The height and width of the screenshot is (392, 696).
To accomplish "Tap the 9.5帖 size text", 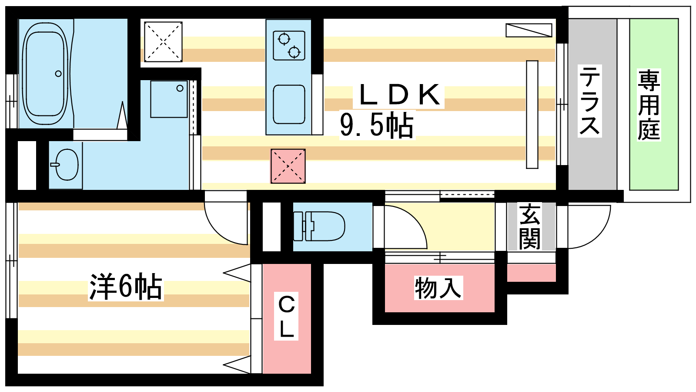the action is pyautogui.click(x=377, y=125).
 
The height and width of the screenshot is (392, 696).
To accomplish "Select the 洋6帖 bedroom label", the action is pyautogui.click(x=126, y=287).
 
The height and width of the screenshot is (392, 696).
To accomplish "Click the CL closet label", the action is pyautogui.click(x=286, y=316).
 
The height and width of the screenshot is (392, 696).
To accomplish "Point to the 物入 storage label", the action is pyautogui.click(x=438, y=288).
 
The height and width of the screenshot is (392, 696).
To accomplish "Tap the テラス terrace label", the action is pyautogui.click(x=589, y=101).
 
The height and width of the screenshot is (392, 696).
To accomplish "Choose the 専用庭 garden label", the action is pyautogui.click(x=649, y=105).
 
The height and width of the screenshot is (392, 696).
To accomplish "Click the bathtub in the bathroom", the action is pyautogui.click(x=45, y=74).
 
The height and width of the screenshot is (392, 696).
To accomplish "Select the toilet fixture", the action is pyautogui.click(x=319, y=226).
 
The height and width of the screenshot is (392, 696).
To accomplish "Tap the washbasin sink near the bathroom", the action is pyautogui.click(x=66, y=165).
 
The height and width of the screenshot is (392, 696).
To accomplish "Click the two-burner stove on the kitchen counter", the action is pyautogui.click(x=289, y=45).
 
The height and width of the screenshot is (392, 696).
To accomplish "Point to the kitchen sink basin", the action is pyautogui.click(x=289, y=104).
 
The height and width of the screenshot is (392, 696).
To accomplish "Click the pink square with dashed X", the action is pyautogui.click(x=288, y=166).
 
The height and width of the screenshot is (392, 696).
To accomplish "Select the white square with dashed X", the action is pyautogui.click(x=163, y=42).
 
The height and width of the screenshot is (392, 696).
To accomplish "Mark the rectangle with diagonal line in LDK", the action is pyautogui.click(x=529, y=30).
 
